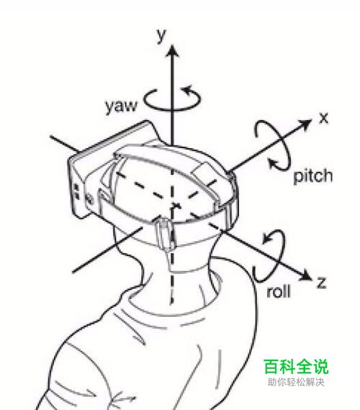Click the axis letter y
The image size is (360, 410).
(x=162, y=35)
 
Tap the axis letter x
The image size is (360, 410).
(x=324, y=118)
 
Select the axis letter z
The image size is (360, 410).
(x=321, y=283)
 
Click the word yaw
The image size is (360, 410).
(x=121, y=106)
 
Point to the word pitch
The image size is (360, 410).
(x=313, y=176)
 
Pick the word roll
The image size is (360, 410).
(x=279, y=291)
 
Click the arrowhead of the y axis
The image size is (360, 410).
(x=172, y=50)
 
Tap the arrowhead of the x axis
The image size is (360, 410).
(x=305, y=124)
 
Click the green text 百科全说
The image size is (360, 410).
(x=296, y=367)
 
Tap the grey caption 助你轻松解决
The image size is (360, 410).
(x=296, y=382)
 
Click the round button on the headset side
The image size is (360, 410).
(x=89, y=199)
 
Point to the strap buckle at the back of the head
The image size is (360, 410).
(x=164, y=234)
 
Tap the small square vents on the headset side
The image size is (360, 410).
(x=77, y=191)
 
